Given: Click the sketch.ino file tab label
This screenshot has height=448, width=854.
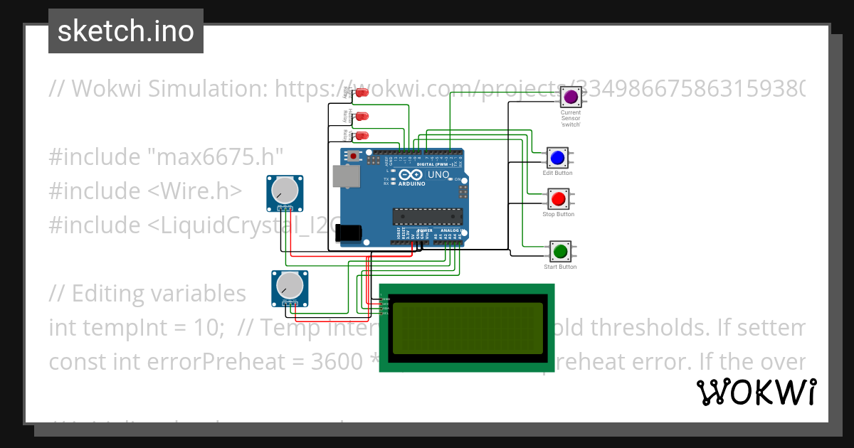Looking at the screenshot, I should pos(125,31).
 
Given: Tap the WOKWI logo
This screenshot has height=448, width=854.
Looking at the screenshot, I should pos(756,393).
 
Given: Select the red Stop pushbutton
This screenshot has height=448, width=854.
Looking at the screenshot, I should pos(559,199).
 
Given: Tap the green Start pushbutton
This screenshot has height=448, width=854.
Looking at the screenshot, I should pos(560,251).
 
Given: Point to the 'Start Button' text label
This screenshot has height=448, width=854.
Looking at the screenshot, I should pos(560,267).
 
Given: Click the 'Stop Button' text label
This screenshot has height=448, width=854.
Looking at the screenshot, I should pos(559,215).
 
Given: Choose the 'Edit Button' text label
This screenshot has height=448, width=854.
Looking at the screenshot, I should pos(557,174).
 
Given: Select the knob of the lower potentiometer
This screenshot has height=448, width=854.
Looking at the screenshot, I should pos(289,286).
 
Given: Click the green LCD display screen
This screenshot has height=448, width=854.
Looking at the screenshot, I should pos(467,328).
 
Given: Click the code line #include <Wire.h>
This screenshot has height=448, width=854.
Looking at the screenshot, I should pos(145,191).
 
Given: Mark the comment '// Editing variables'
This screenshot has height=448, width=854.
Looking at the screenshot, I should pos(147,294).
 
